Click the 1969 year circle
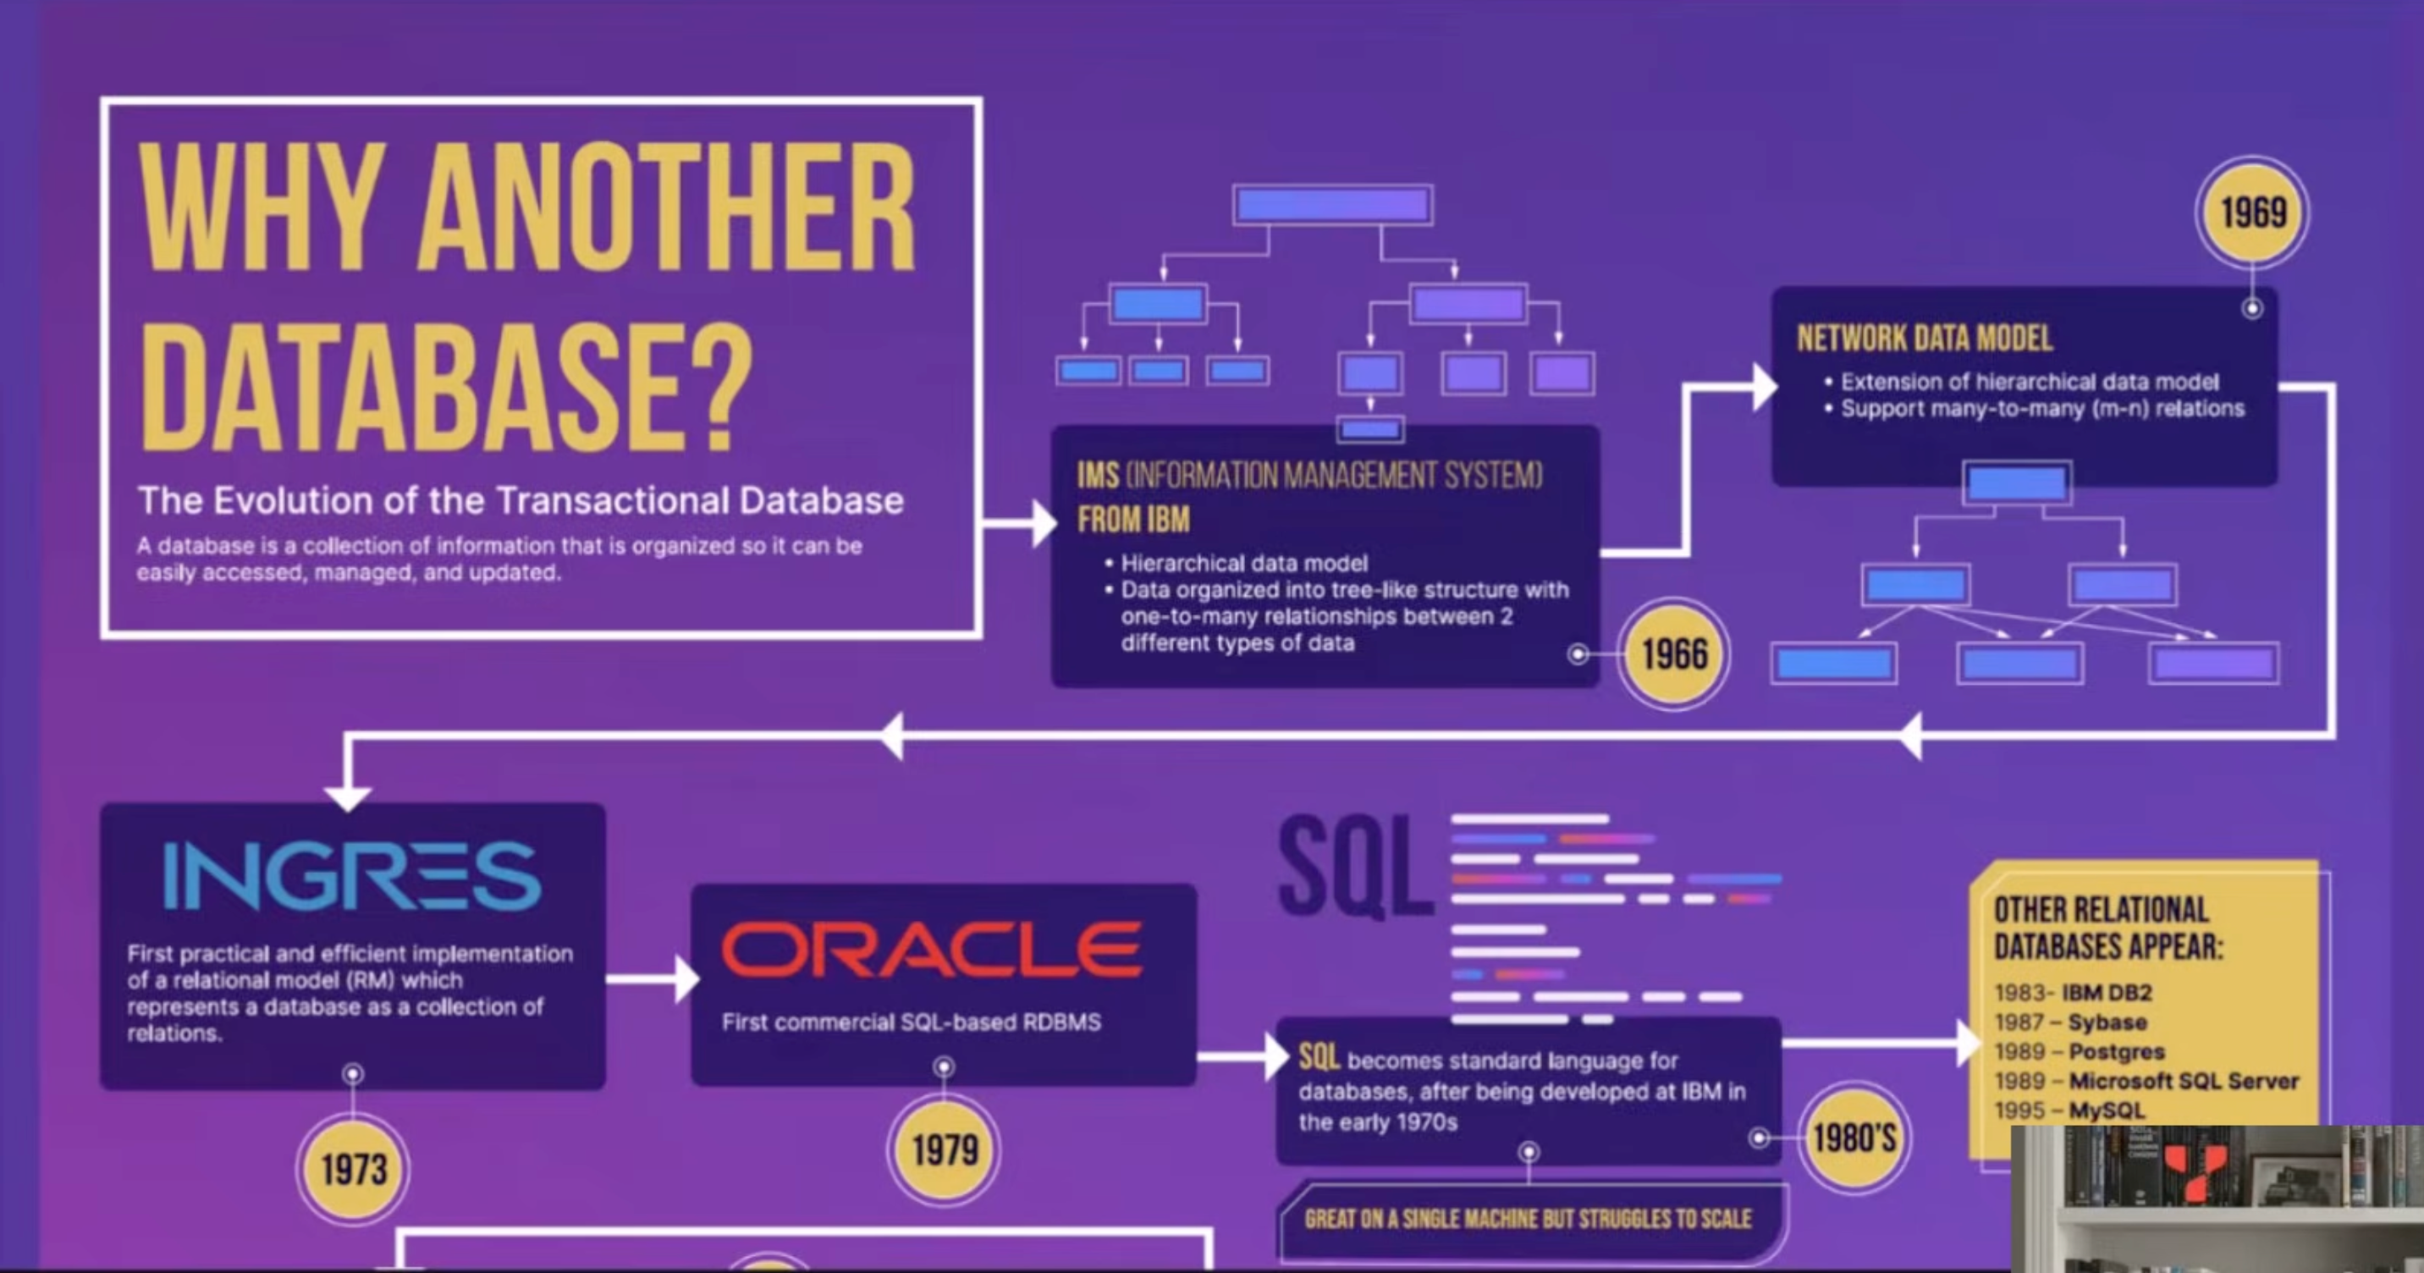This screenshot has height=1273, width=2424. click(2253, 212)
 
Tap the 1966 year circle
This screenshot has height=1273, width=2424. click(1674, 654)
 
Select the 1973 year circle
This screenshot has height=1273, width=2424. click(353, 1170)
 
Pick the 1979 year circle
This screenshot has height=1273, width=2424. click(944, 1149)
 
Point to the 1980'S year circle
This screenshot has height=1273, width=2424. click(1854, 1138)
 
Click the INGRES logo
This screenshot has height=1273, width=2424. click(352, 876)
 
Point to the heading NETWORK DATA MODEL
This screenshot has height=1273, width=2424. click(1925, 339)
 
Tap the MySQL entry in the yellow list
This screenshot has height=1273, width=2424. click(2106, 1111)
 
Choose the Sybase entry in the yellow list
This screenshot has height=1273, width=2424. click(2107, 1022)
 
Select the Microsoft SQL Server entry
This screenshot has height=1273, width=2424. click(2183, 1081)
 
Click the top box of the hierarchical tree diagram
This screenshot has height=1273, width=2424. click(1332, 205)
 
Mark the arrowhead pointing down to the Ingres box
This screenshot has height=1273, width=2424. click(347, 796)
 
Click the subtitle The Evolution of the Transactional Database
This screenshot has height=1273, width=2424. click(521, 500)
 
